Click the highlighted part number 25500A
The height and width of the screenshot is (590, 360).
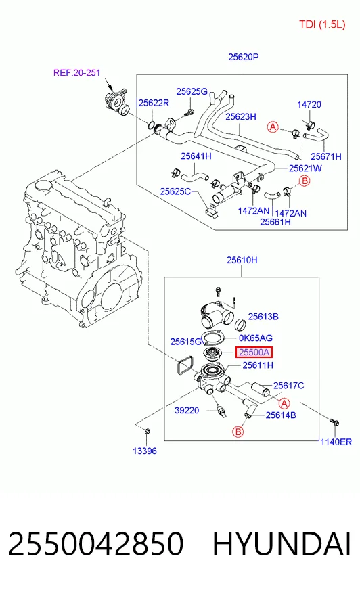click(254, 353)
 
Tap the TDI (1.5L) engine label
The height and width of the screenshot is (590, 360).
click(322, 25)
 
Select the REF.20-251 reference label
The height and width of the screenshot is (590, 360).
click(76, 72)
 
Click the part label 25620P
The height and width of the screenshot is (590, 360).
click(244, 57)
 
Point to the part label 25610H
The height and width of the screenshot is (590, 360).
click(242, 260)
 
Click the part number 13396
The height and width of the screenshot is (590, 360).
click(145, 451)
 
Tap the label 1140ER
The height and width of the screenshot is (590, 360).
click(336, 442)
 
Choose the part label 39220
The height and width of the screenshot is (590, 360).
click(187, 410)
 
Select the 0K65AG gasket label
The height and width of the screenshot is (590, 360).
click(256, 338)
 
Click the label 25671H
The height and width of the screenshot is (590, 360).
click(326, 156)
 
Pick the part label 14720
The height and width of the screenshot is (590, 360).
click(309, 104)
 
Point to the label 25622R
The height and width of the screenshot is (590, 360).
click(154, 103)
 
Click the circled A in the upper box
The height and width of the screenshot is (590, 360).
click(273, 127)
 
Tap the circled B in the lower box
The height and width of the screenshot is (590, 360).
click(238, 432)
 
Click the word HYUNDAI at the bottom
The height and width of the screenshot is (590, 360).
click(282, 544)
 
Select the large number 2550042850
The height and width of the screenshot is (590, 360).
click(96, 544)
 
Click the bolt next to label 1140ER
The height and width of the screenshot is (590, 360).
click(334, 422)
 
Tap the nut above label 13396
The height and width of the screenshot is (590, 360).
click(148, 431)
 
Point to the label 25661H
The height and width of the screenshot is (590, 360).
click(275, 222)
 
